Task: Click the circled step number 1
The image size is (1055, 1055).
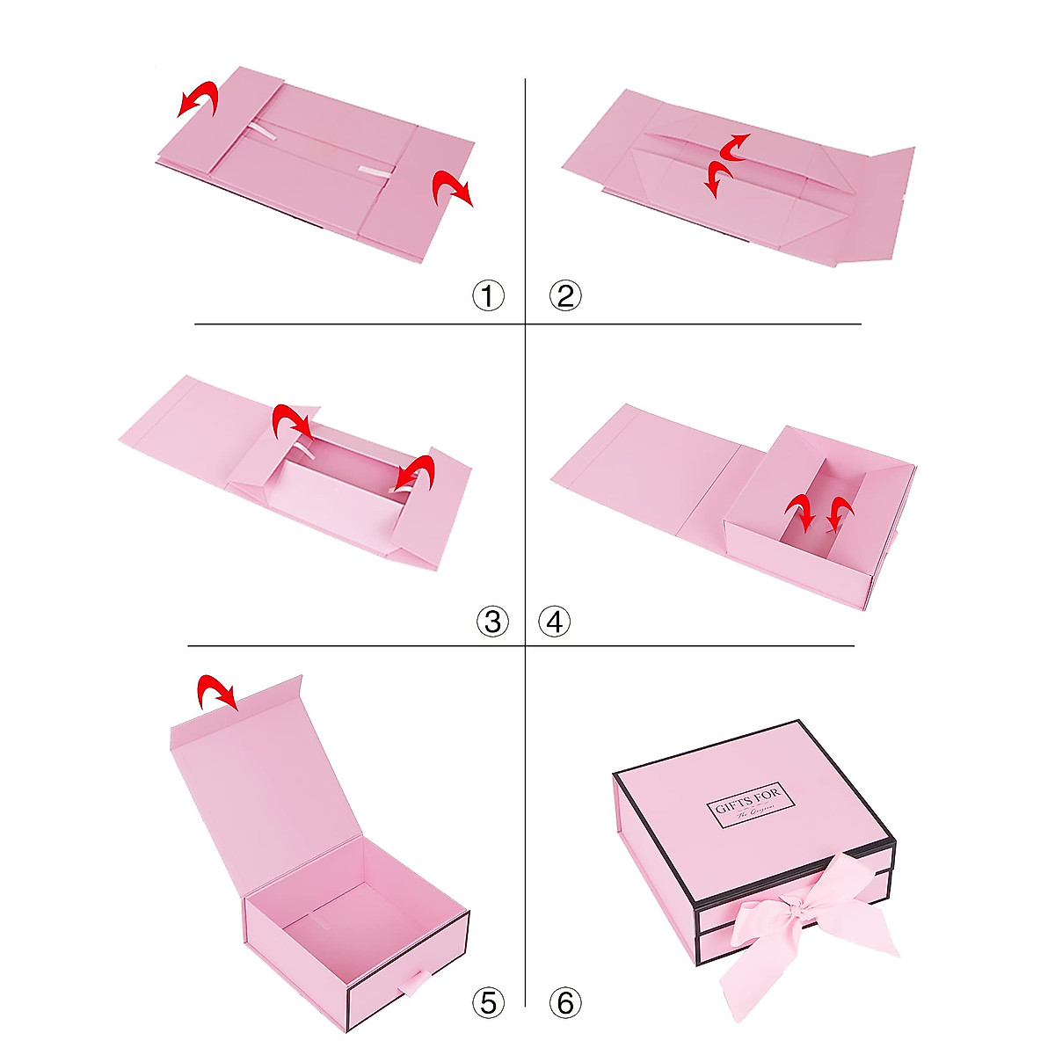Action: (489, 295)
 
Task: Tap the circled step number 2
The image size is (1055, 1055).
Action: (565, 295)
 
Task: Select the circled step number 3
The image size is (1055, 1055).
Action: (492, 622)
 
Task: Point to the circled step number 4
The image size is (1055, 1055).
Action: (554, 622)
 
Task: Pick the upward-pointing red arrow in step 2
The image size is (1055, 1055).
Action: (733, 147)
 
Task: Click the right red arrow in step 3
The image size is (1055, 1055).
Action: (414, 473)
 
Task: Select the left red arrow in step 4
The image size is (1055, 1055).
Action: (801, 511)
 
